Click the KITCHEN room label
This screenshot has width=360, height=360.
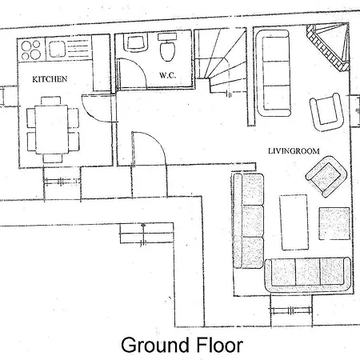pos(50,79)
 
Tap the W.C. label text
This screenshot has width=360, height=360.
pos(168,75)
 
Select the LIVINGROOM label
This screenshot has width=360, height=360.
pos(294,151)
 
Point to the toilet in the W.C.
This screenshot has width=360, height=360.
pos(167,46)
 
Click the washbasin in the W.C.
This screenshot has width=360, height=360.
pos(136,43)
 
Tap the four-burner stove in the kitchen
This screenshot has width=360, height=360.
pos(31,50)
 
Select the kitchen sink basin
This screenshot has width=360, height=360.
pos(58,49)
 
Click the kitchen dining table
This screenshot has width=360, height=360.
pos(52,130)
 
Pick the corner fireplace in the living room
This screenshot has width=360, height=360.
pos(328,47)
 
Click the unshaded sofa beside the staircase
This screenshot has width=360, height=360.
pos(273,73)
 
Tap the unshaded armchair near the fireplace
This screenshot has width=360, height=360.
pos(326,112)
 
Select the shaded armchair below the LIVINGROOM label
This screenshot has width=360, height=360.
pos(326,177)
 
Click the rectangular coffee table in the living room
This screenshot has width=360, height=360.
pos(294,222)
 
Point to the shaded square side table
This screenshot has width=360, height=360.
pos(334,223)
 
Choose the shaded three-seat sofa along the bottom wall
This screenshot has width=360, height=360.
pos(307,274)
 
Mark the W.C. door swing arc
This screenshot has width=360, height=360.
pos(138,69)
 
